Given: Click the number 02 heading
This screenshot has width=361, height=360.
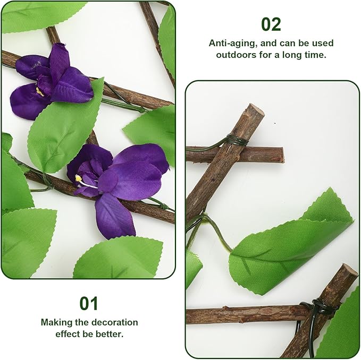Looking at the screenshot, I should [271, 24].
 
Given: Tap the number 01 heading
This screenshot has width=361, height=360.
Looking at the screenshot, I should [89, 303].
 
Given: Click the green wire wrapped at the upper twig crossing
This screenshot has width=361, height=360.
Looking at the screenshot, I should [237, 141].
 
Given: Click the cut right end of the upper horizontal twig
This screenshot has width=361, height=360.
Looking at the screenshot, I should [281, 155].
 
